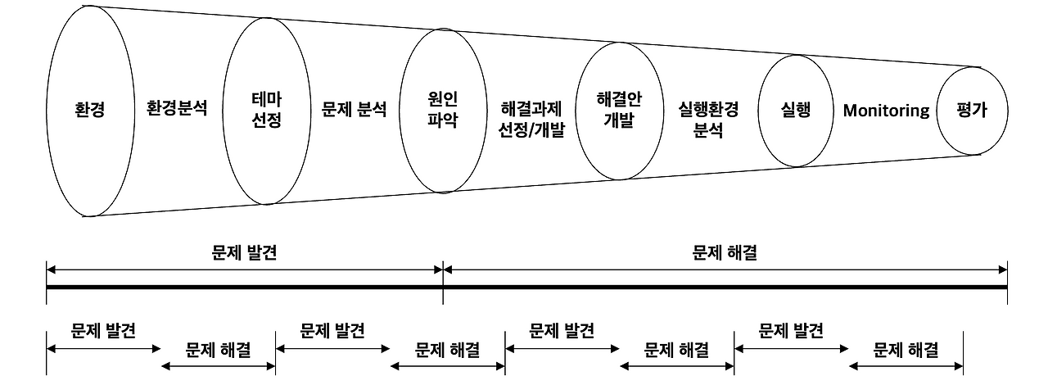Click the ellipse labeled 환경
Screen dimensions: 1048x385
(89, 110)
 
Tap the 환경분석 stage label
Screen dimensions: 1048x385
(177, 108)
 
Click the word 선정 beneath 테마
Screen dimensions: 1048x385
(267, 121)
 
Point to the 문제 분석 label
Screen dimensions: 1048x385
(354, 109)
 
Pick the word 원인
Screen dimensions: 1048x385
(443, 99)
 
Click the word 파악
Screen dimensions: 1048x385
(443, 120)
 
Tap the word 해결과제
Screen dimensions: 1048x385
(532, 109)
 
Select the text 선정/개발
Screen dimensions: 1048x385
(532, 129)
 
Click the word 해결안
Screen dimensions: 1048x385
(620, 99)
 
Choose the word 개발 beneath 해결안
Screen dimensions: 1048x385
(620, 120)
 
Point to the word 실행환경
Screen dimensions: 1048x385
(709, 109)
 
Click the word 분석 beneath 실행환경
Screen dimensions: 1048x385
(709, 129)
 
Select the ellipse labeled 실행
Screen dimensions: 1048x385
(796, 110)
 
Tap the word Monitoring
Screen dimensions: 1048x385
(886, 110)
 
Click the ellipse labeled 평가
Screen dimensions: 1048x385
(972, 110)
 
